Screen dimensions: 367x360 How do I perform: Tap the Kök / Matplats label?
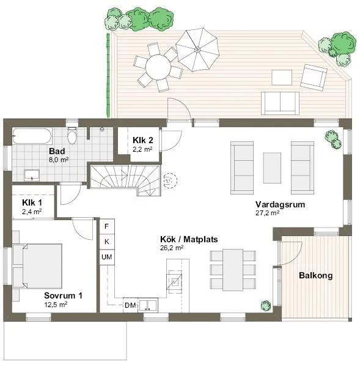point(181,239)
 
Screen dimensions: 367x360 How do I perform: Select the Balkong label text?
point(315,276)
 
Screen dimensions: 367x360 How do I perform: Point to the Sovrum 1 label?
point(63,295)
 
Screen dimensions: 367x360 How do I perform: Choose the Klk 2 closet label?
point(142,139)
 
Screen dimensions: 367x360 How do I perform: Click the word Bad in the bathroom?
point(57,151)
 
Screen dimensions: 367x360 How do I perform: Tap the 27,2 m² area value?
point(267,213)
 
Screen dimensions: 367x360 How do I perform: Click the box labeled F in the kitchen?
point(107,226)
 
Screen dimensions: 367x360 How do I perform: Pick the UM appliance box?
point(107,258)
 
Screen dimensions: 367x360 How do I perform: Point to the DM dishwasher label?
point(130,305)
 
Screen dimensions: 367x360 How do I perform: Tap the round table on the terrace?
point(160,66)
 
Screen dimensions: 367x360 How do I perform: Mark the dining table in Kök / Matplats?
point(232,269)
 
